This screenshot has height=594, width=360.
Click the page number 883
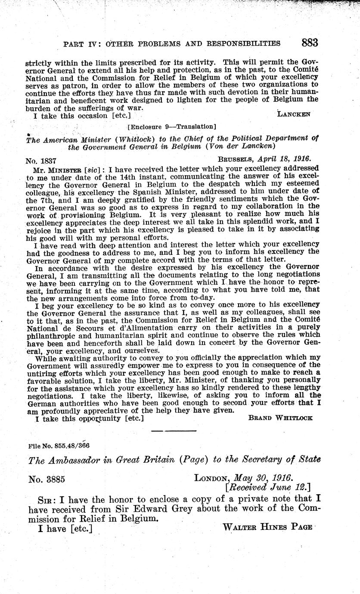310,43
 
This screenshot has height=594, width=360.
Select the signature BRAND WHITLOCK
280,418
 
